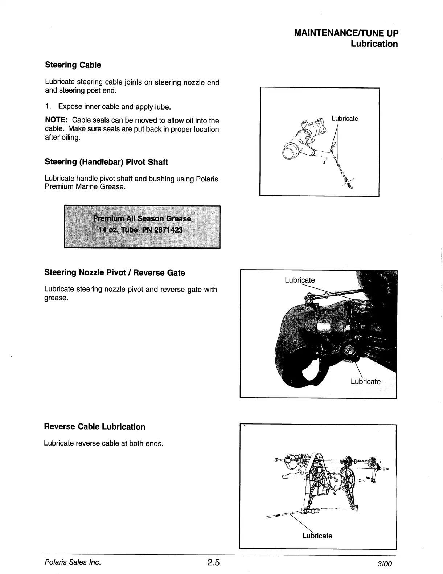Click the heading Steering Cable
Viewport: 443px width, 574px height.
click(73, 65)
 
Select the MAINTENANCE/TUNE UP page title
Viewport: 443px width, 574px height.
click(346, 33)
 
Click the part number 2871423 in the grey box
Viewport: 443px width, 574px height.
click(168, 230)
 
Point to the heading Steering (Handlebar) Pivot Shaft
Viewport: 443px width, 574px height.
click(106, 162)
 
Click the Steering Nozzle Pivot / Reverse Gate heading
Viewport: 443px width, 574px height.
click(114, 273)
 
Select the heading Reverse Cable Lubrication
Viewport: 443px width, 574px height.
click(94, 427)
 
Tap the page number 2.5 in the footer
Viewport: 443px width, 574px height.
click(214, 562)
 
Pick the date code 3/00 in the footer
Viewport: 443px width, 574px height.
click(385, 564)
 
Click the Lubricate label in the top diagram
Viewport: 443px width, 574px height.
click(345, 119)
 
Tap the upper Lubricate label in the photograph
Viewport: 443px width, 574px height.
click(300, 280)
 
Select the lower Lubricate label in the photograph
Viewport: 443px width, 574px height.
click(365, 381)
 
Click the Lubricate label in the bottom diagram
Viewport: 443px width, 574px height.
click(317, 536)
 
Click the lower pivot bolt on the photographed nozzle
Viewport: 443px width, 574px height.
click(350, 350)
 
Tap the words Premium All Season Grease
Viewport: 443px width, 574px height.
click(142, 218)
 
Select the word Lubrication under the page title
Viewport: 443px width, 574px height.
click(374, 44)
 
